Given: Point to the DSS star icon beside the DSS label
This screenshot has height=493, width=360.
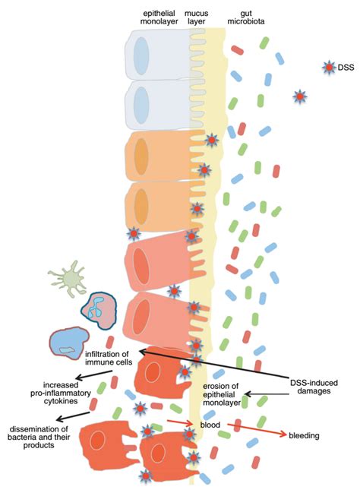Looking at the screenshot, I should [x=327, y=68].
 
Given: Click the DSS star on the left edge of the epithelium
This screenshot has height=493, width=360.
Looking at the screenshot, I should [x=133, y=232].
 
